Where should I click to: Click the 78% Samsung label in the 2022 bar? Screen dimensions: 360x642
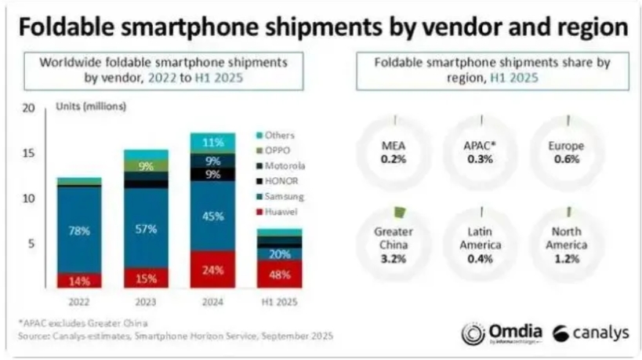tap(79, 231)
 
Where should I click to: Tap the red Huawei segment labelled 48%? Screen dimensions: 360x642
tap(279, 275)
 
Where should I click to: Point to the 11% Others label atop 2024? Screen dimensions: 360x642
tap(212, 143)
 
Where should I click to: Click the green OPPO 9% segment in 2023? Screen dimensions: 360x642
tap(146, 166)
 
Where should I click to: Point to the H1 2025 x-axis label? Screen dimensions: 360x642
tap(279, 300)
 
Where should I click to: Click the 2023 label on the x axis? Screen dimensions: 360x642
tap(146, 300)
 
